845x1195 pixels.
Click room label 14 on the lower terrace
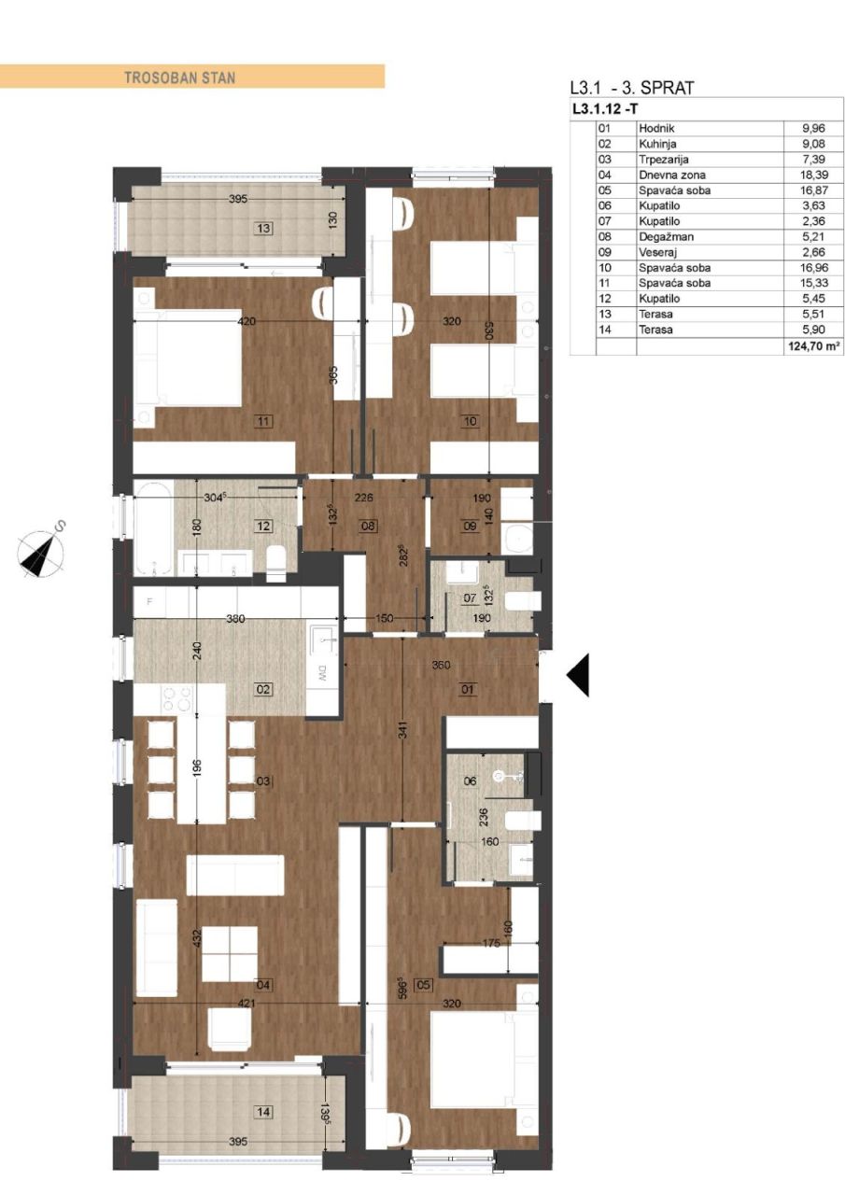pos(264,1111)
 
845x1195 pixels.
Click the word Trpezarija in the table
pos(663,160)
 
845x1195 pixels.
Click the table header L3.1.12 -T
pos(606,108)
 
